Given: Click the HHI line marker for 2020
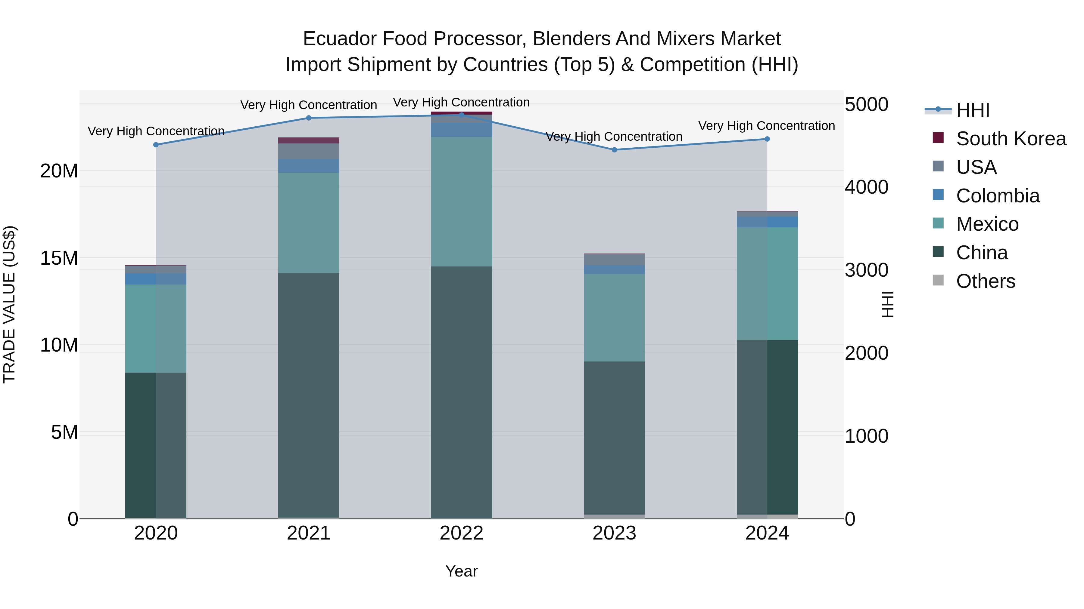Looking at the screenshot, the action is coord(156,145).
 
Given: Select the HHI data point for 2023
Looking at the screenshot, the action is coord(614,150).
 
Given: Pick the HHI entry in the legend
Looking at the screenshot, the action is coord(957,110).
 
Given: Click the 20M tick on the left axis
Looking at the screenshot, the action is coord(59,171).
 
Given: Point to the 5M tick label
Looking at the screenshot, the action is coord(64,432).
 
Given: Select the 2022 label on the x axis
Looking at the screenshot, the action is coord(461,533).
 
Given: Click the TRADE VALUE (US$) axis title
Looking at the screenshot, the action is coord(9,304).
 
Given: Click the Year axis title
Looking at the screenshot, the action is coord(461,571).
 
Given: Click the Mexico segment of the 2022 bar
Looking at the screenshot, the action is coord(461,201).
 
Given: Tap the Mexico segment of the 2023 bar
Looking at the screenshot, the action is coord(614,318).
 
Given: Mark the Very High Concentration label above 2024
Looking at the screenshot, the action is coord(767,126).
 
